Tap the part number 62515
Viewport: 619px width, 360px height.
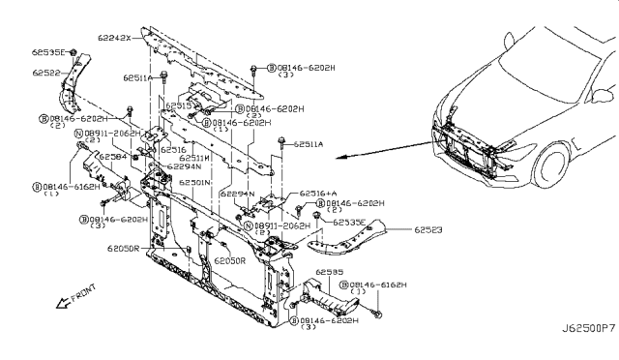180,105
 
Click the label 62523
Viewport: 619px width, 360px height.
429,230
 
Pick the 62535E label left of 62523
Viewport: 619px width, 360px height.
351,222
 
